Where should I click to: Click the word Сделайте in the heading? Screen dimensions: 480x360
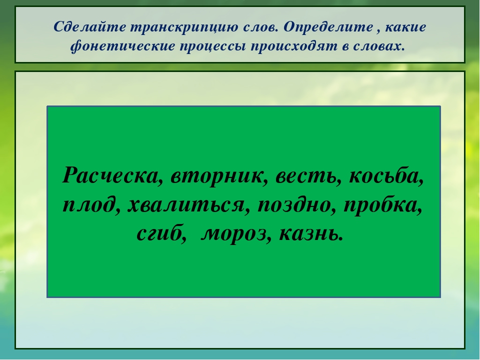coord(89,27)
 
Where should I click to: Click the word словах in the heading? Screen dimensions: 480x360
coord(379,46)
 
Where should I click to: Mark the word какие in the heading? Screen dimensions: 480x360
coord(405,27)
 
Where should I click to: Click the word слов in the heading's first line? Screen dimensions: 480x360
coord(260,27)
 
